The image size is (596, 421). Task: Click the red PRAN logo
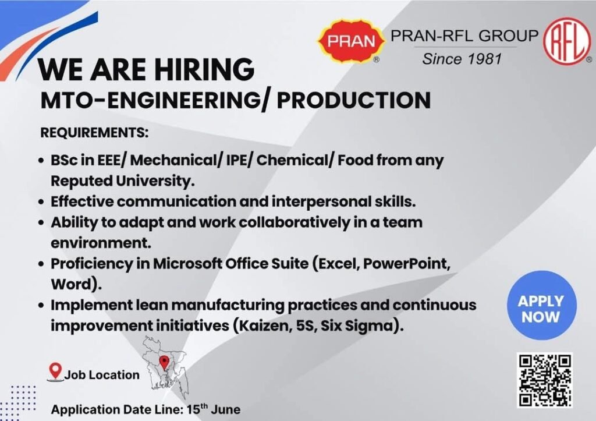tap(351, 41)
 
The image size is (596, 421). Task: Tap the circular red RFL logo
tap(567, 41)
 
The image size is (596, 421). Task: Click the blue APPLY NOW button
tap(542, 305)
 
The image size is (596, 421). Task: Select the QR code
tap(544, 380)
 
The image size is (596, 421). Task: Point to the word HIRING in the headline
tap(203, 69)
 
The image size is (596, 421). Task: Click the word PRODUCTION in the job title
tap(353, 100)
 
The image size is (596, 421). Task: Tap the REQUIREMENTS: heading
tap(94, 133)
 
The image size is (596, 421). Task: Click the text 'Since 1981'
tap(462, 59)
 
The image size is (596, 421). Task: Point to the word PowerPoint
tap(407, 264)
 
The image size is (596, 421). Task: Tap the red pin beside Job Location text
tap(55, 371)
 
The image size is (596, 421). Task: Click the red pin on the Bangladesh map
tap(164, 363)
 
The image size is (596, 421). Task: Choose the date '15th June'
tap(214, 409)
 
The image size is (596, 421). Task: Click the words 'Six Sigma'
tap(360, 326)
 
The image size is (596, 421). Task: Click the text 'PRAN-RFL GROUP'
tap(464, 36)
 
